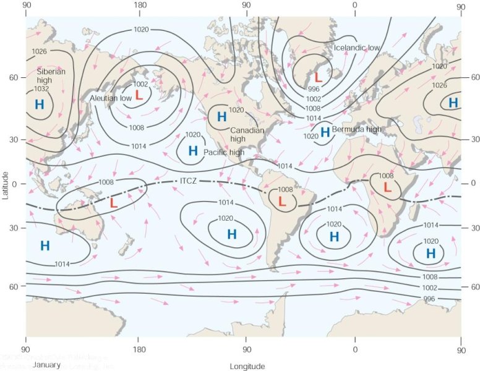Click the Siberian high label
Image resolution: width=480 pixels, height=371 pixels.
(x=51, y=75)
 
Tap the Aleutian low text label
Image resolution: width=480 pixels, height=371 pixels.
(x=110, y=98)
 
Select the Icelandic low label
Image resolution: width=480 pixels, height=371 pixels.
(x=356, y=48)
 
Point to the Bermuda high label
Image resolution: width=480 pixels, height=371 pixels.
(x=357, y=129)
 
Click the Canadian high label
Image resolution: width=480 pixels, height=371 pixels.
(x=247, y=135)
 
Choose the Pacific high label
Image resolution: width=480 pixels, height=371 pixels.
(x=224, y=152)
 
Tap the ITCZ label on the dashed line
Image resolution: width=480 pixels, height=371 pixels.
(x=189, y=181)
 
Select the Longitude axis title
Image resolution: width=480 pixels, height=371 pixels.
(x=247, y=366)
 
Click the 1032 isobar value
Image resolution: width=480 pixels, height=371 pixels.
(x=41, y=88)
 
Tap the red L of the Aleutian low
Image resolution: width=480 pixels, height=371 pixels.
(x=139, y=96)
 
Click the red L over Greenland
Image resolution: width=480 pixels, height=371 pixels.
(x=318, y=78)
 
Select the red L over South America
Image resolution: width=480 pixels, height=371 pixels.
(x=282, y=202)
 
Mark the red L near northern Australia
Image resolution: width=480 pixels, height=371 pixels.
(x=113, y=202)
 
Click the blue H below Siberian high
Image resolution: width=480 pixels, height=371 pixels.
(x=40, y=104)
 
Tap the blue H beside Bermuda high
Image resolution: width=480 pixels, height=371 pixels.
(x=325, y=132)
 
